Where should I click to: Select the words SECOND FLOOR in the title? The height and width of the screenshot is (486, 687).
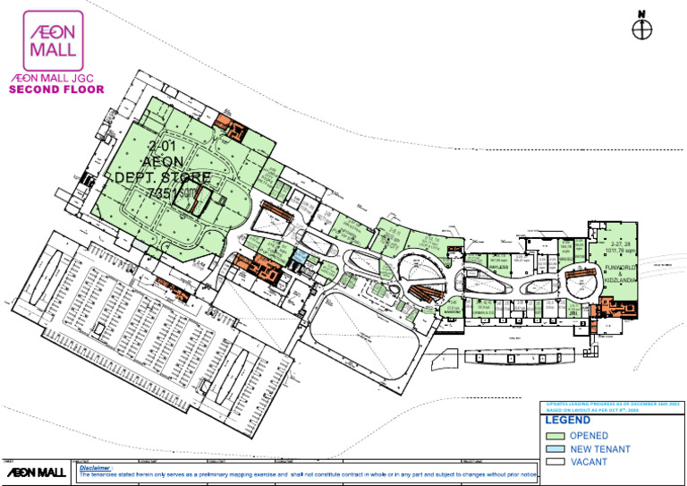tap(56, 90)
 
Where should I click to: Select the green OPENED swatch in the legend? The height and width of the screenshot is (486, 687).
tap(555, 435)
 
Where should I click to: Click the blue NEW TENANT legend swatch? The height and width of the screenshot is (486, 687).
tap(555, 448)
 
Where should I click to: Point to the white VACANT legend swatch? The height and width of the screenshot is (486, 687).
tap(555, 462)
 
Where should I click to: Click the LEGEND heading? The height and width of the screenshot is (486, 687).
tap(567, 420)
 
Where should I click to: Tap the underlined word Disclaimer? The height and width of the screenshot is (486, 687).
tap(96, 466)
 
